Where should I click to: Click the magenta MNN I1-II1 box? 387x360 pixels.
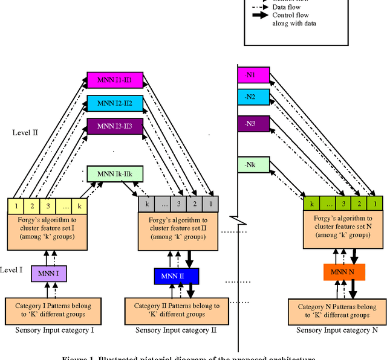coord(115,80)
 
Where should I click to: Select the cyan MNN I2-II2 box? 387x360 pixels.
coord(115,103)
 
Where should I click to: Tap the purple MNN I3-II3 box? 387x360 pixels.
coord(115,126)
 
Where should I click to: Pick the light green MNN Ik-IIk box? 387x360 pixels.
coord(114,174)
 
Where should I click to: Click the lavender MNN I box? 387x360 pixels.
coord(48,275)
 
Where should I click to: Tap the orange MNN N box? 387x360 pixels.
coord(343,272)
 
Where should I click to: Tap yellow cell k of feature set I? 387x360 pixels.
coord(79,205)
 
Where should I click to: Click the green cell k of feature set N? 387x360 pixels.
coord(311,204)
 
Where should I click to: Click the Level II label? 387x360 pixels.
coord(25,131)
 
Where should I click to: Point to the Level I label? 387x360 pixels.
coord(11,269)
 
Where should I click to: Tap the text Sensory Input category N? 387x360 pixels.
coord(342,330)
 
